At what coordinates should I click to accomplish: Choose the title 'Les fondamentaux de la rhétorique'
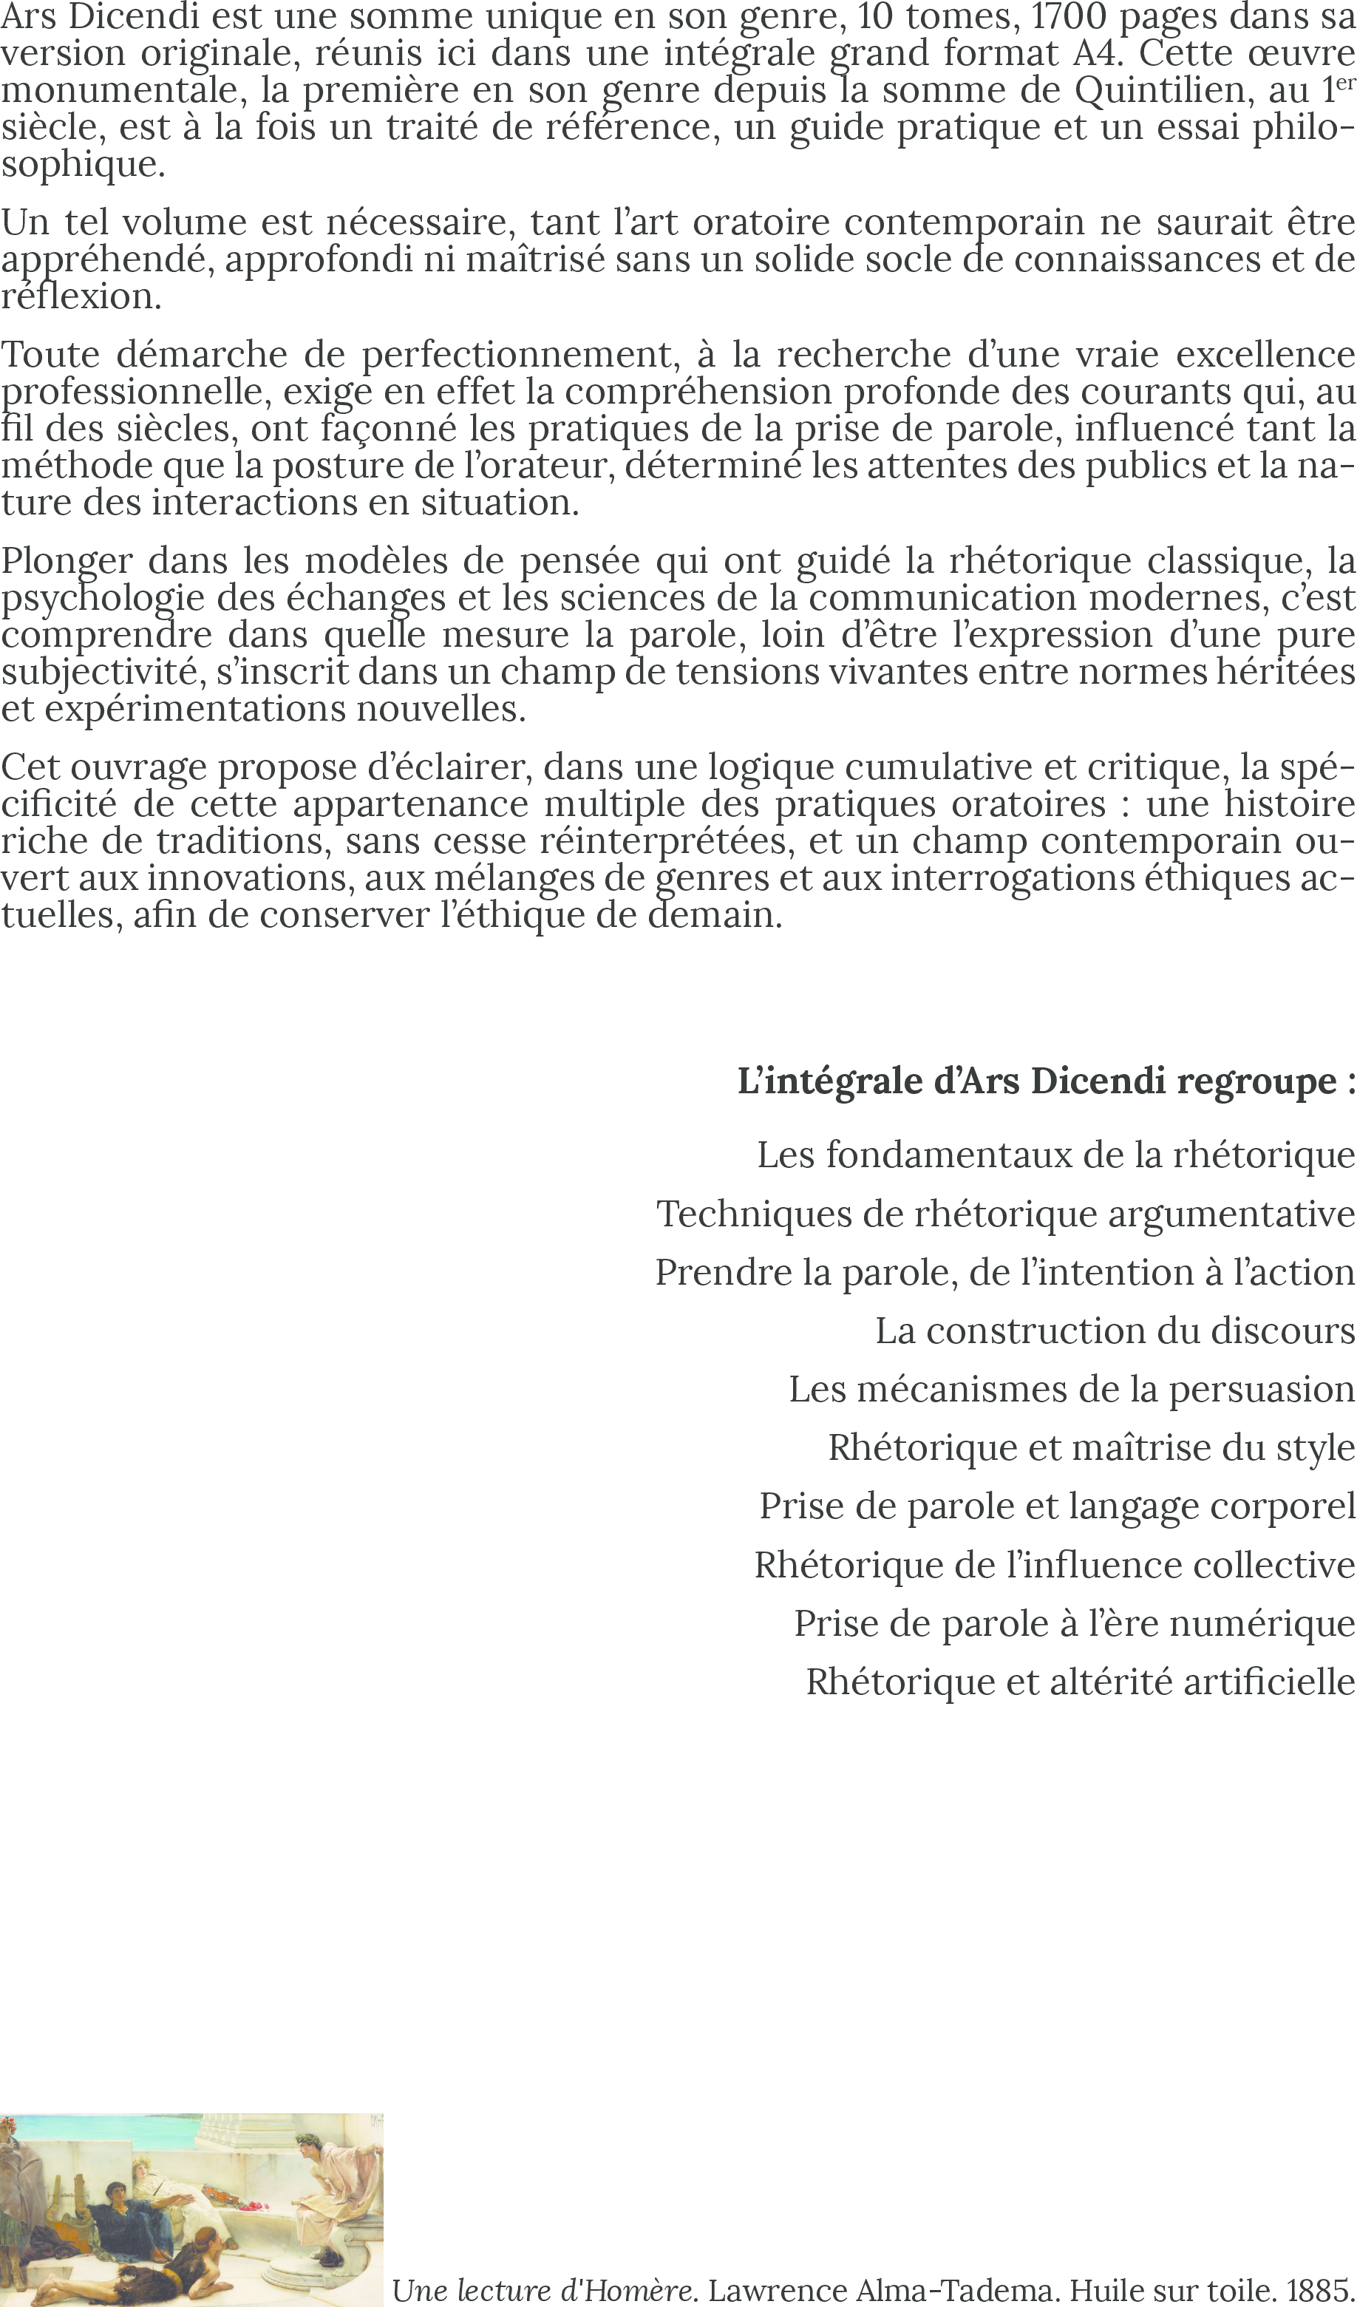point(1055,1155)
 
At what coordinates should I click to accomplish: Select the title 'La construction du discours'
point(1115,1331)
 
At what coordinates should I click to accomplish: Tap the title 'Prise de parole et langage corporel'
point(1057,1506)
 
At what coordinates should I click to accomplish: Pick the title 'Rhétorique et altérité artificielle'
point(1080,1682)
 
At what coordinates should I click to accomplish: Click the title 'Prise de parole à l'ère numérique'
point(1074,1623)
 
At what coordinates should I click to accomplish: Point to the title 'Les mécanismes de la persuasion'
point(1071,1390)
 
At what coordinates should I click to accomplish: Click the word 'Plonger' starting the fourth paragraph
point(67,560)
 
